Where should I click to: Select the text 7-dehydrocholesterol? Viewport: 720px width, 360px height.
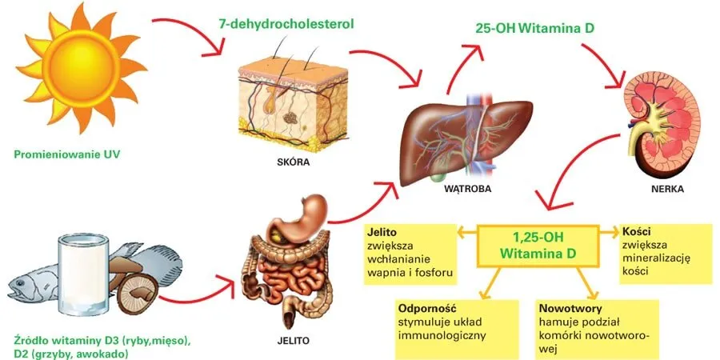286,23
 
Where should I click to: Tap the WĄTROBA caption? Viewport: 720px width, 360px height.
466,191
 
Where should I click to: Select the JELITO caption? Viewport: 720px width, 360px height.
290,340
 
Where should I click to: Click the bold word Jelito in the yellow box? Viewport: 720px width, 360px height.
383,232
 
